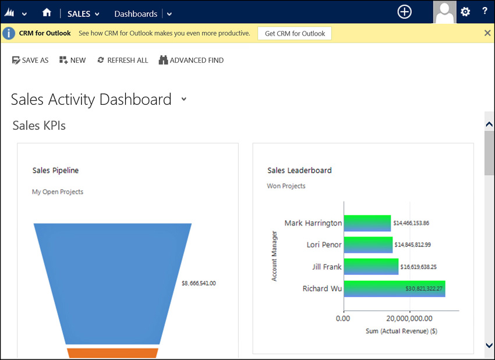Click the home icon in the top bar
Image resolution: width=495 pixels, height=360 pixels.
click(x=47, y=13)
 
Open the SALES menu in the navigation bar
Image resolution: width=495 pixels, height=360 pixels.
click(x=83, y=14)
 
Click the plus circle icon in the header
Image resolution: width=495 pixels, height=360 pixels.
click(x=404, y=12)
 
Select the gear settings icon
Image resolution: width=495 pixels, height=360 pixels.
click(x=465, y=12)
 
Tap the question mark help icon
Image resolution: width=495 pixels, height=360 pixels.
click(x=485, y=11)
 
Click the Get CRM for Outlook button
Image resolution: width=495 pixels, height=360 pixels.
click(x=295, y=33)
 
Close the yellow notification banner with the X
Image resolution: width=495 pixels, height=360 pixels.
click(x=487, y=33)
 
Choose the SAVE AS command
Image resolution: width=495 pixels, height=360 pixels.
click(x=30, y=61)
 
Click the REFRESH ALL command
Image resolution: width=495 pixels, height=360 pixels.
click(x=123, y=61)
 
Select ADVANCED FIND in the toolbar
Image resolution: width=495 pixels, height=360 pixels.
click(x=191, y=60)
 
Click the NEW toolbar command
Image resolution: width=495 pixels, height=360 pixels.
click(x=73, y=61)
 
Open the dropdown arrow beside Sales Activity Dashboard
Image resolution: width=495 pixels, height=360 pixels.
click(x=183, y=99)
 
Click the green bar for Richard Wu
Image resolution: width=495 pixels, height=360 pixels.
click(x=395, y=288)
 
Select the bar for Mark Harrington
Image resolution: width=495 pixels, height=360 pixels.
click(x=367, y=223)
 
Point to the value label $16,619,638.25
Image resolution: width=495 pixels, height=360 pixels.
click(x=418, y=267)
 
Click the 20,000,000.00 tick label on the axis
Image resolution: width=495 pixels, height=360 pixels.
click(x=409, y=319)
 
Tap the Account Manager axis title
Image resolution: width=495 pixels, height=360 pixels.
click(x=274, y=256)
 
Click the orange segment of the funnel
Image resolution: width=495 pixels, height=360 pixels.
click(x=113, y=353)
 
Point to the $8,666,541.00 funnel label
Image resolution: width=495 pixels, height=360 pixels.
click(x=199, y=283)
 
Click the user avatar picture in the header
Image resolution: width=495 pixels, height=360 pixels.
click(x=444, y=12)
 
